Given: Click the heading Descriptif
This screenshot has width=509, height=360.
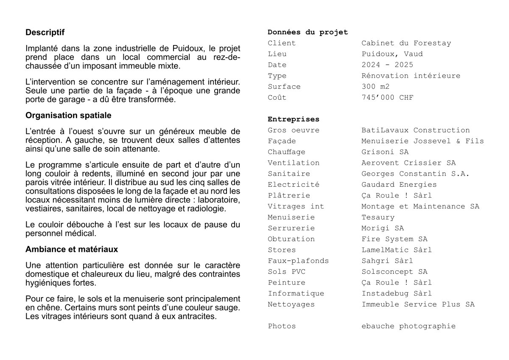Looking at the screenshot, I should click(x=45, y=32).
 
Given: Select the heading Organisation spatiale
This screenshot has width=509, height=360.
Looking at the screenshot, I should click(x=68, y=115).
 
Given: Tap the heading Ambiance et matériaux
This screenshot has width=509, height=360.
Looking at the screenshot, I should click(x=72, y=249).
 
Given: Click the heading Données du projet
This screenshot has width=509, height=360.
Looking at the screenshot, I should click(x=308, y=32).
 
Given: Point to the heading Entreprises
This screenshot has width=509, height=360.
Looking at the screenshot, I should click(x=294, y=119).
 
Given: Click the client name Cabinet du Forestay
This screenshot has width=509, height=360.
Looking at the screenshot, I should click(x=406, y=43).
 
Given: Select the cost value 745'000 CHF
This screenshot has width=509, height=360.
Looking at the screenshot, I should click(x=387, y=98).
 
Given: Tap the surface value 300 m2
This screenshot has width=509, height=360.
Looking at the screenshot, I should click(x=375, y=87).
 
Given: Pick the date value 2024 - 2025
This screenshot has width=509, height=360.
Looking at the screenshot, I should click(x=387, y=65).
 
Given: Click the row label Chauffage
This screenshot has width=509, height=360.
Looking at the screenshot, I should click(x=286, y=152).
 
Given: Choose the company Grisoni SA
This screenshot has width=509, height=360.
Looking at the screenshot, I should click(x=385, y=152).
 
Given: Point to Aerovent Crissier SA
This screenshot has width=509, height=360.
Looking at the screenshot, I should click(x=408, y=163).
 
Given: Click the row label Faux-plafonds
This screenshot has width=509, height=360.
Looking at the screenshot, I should click(x=298, y=261).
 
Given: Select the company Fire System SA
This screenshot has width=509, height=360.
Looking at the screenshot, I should click(x=394, y=239).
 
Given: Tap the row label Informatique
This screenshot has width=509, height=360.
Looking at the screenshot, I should click(x=296, y=293).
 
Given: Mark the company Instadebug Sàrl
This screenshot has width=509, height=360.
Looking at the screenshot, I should click(x=397, y=293).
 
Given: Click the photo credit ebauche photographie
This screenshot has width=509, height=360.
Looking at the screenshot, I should click(x=408, y=326).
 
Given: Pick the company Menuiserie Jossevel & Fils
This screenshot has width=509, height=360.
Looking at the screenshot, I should click(x=422, y=141).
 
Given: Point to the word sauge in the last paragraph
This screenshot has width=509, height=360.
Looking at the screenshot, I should click(x=229, y=308).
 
